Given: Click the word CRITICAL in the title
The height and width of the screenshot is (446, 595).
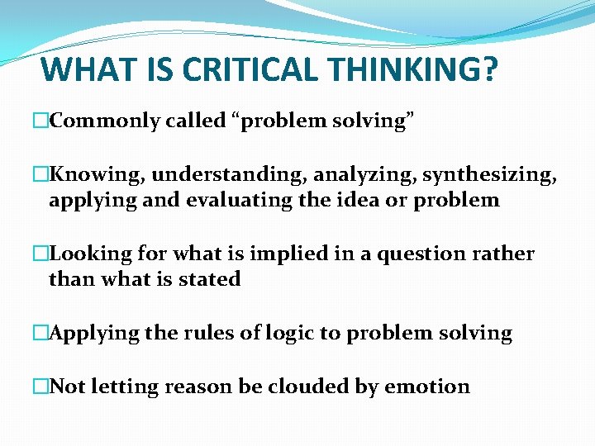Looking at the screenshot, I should (247, 69).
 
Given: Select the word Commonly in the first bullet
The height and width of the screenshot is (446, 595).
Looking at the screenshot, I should (104, 121).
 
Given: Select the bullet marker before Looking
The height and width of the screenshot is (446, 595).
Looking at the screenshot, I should (40, 254).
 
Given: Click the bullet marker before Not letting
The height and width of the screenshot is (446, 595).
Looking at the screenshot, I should (40, 387).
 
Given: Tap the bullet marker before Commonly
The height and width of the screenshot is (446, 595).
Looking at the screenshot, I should (40, 121).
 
